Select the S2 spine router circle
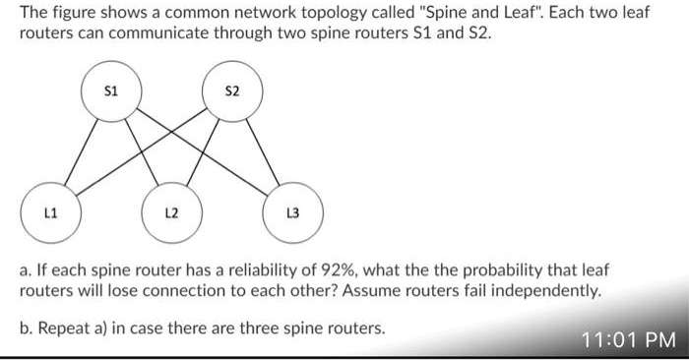[232, 93]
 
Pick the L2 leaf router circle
[170, 212]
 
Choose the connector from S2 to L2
[203, 152]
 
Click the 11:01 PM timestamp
[627, 340]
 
